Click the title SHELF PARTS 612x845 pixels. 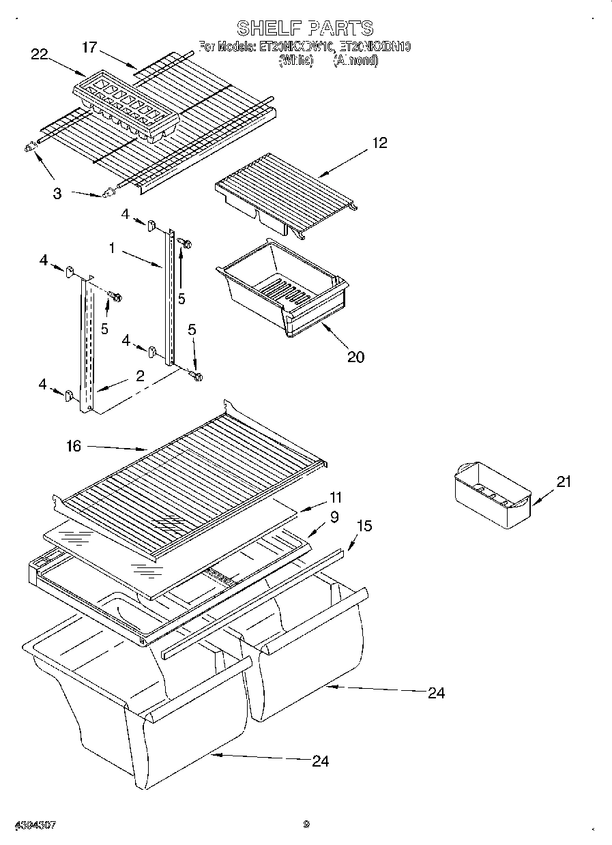point(305,28)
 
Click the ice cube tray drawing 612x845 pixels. point(126,108)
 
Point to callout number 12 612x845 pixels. point(379,143)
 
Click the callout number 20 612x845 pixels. point(355,356)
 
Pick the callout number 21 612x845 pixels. point(563,481)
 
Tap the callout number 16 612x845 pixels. point(74,446)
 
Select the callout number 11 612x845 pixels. point(335,497)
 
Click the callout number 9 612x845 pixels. point(334,517)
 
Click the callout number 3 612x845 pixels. point(57,193)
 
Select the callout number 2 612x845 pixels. point(140,376)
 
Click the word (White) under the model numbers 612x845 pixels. point(295,60)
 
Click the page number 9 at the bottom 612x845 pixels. point(306,824)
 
